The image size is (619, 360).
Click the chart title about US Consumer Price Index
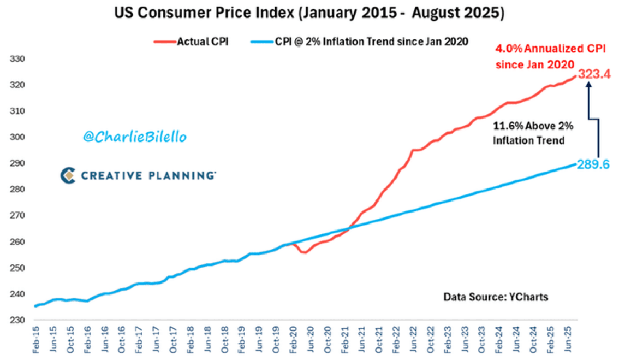point(309,13)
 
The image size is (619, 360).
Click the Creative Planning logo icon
point(68,175)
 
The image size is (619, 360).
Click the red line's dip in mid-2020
point(304,252)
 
